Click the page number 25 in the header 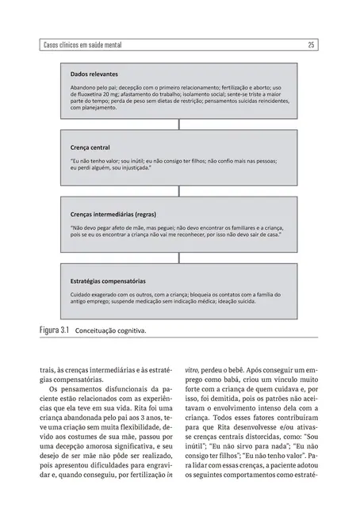point(312,45)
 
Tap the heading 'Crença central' point(90,148)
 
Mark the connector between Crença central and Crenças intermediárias point(180,193)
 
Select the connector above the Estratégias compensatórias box point(180,258)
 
